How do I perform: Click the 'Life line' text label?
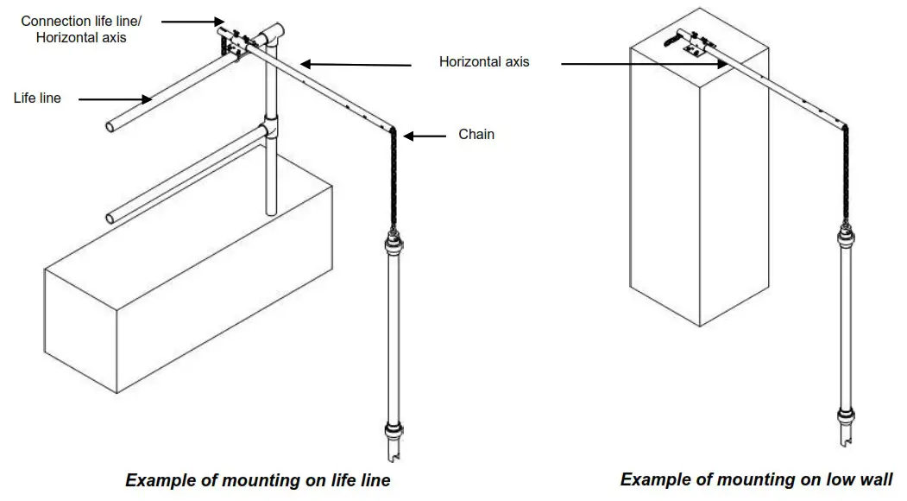[x=37, y=98]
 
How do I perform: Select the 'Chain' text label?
[x=476, y=134]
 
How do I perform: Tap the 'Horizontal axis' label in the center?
[x=484, y=62]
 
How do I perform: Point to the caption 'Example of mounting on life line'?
[x=258, y=480]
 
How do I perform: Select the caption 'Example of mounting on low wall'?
[x=756, y=479]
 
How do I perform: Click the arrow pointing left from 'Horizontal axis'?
[x=355, y=64]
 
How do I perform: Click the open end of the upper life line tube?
[x=111, y=128]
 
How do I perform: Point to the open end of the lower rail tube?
[x=111, y=217]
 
